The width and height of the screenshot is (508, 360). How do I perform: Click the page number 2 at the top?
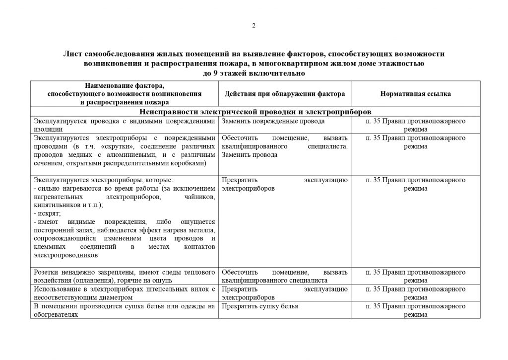coord(254,26)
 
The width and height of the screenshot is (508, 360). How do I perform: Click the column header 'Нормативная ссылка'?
coord(415,94)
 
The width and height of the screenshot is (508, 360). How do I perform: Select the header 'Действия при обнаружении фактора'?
coord(285,94)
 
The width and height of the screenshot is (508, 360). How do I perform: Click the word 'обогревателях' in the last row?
coord(54,314)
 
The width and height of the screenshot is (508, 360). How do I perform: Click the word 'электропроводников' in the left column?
coord(65,255)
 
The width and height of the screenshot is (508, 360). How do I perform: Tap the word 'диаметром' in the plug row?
coord(117,297)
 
